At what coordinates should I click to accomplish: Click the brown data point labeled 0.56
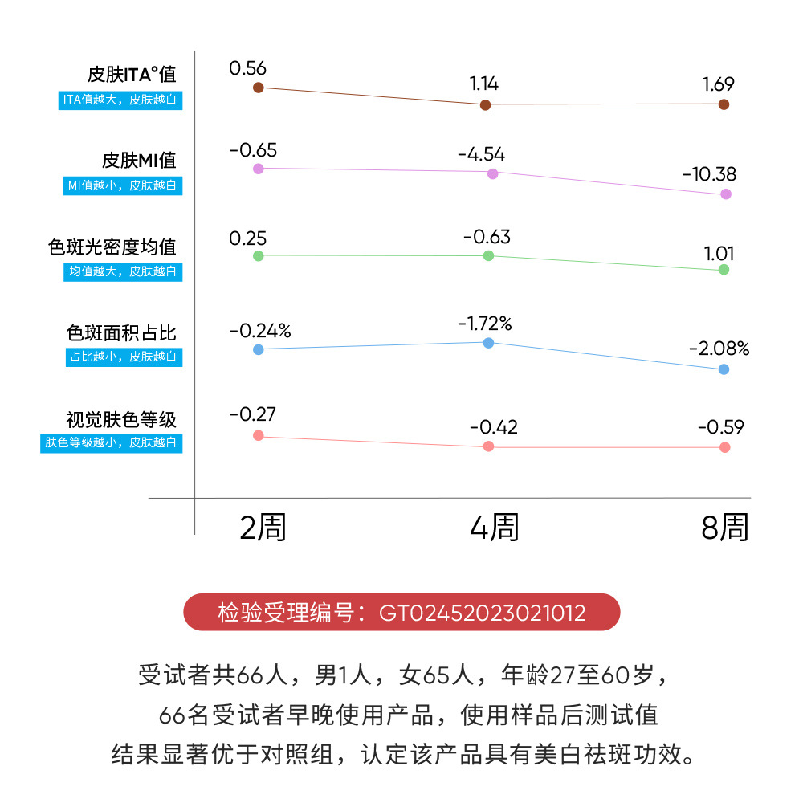258,88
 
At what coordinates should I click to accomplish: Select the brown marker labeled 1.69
724,104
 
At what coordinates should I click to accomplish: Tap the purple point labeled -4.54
492,173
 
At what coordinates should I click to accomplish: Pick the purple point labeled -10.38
726,194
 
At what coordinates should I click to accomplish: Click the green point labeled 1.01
724,270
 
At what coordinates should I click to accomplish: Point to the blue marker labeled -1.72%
488,343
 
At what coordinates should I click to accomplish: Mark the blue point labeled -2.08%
724,369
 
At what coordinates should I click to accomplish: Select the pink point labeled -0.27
258,435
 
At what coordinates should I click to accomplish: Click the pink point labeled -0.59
725,447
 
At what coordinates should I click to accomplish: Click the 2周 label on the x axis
263,528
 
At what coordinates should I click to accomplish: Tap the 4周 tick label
494,528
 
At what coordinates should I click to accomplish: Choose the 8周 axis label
724,528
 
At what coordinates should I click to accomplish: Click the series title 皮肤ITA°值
132,75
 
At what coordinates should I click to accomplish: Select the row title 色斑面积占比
121,333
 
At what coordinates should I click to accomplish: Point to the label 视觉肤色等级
121,419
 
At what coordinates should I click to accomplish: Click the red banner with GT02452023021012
401,613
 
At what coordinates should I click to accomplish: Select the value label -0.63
487,237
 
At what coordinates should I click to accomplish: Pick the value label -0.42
494,427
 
